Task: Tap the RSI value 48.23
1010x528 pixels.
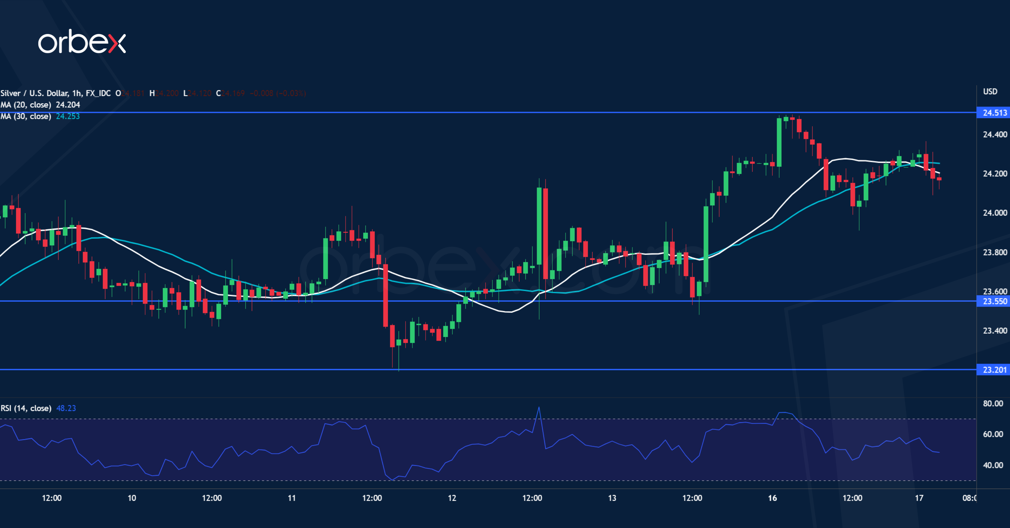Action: pyautogui.click(x=66, y=408)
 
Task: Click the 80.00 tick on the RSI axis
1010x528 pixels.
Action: pyautogui.click(x=993, y=404)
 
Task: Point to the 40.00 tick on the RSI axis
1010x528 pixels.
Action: pyautogui.click(x=993, y=465)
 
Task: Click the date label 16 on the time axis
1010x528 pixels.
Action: pyautogui.click(x=772, y=498)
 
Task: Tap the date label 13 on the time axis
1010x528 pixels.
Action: pyautogui.click(x=612, y=498)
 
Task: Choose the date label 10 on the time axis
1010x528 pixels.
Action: pyautogui.click(x=132, y=498)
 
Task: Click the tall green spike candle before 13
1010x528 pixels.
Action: pyautogui.click(x=539, y=226)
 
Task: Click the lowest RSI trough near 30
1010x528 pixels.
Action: pyautogui.click(x=392, y=480)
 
